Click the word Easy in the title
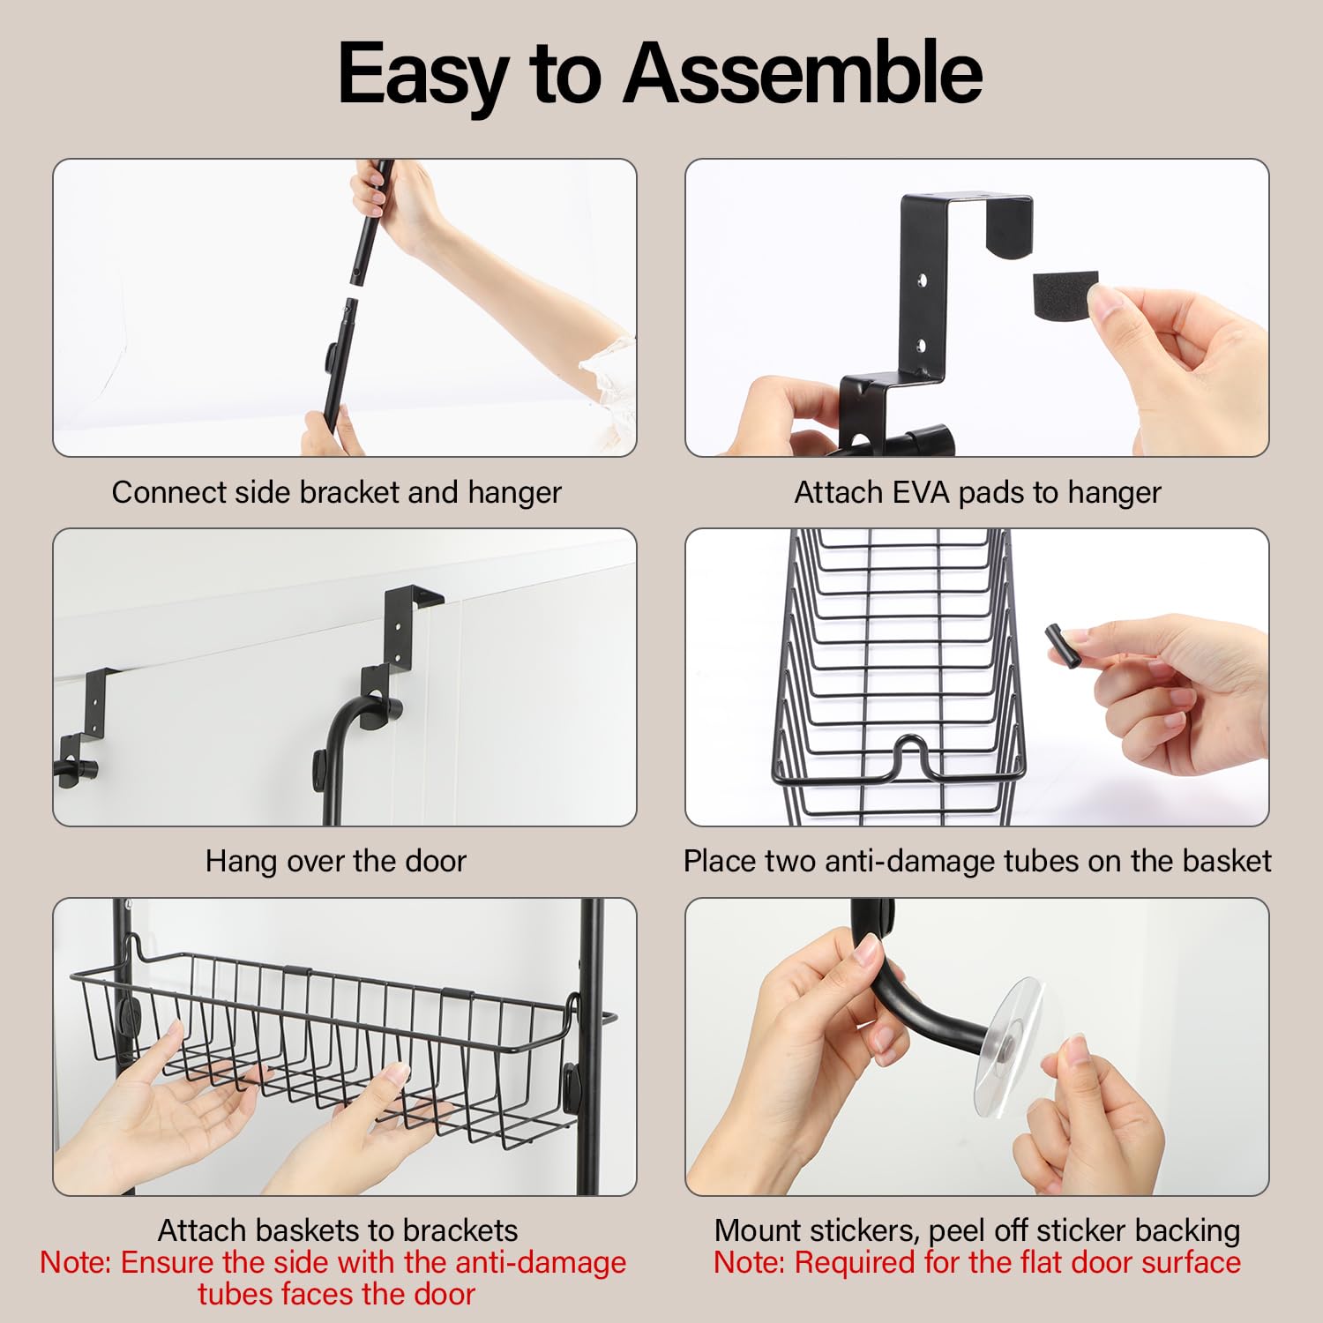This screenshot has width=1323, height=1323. point(422,74)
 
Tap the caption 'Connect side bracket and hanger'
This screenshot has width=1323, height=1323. point(336,492)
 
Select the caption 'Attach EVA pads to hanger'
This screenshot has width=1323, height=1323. point(977,492)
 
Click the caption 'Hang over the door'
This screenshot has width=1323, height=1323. point(336,861)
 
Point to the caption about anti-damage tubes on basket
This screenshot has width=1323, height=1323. point(977,861)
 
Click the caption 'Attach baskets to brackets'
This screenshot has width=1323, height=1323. point(338,1230)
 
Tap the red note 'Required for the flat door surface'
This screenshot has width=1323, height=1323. point(977,1262)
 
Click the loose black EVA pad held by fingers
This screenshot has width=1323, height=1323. point(1064,292)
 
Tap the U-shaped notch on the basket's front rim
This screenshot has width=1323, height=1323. point(909,754)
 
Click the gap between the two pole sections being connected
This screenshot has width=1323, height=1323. point(355,290)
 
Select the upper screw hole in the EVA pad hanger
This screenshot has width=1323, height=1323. point(922,282)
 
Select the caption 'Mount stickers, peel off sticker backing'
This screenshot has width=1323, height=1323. point(977,1230)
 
